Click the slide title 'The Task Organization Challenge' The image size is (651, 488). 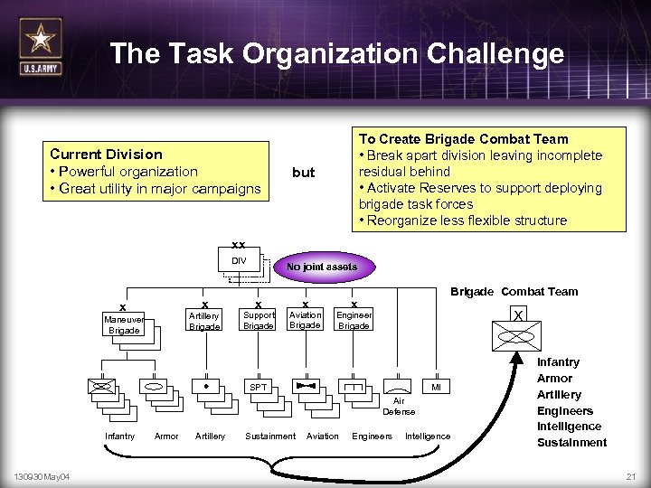tap(336, 54)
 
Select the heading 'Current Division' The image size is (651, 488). tap(107, 155)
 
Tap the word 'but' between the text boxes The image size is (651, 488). tap(304, 172)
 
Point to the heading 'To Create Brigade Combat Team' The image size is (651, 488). tap(464, 138)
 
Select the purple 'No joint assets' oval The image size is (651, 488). tap(322, 267)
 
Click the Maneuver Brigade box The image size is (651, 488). tap(124, 324)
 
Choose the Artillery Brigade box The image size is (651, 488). tap(203, 321)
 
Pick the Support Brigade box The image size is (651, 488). tap(259, 320)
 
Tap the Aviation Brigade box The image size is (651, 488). tap(305, 320)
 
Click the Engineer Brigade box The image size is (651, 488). tap(354, 320)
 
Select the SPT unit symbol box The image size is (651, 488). tap(258, 388)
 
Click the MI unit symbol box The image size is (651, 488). tap(436, 388)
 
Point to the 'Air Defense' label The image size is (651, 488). tap(399, 406)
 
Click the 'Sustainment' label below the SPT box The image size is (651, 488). tap(270, 436)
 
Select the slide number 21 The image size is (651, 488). tap(630, 476)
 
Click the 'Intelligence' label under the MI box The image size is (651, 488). tap(428, 436)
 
